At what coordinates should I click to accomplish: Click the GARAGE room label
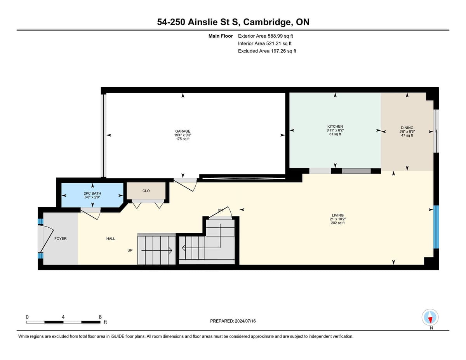[x=183, y=131]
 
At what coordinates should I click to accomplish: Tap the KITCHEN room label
[x=335, y=126]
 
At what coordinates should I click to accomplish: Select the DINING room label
[x=407, y=128]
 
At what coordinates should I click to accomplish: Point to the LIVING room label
[x=337, y=215]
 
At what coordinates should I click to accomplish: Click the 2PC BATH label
[x=92, y=194]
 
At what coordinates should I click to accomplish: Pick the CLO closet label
[x=146, y=191]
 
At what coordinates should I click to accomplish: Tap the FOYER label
[x=60, y=239]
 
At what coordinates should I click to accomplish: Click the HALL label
[x=111, y=239]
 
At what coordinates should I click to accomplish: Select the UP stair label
[x=130, y=250]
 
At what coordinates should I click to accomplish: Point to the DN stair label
[x=220, y=210]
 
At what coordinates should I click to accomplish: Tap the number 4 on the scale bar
[x=63, y=317]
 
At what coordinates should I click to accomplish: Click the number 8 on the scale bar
[x=100, y=317]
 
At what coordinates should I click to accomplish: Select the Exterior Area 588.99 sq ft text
[x=265, y=36]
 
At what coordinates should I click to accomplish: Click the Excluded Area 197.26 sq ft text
[x=267, y=51]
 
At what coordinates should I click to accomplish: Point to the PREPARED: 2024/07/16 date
[x=233, y=321]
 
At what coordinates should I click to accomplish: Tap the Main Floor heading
[x=221, y=36]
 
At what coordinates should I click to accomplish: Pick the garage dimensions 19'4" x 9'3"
[x=183, y=135]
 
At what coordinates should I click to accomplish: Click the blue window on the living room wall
[x=436, y=227]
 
